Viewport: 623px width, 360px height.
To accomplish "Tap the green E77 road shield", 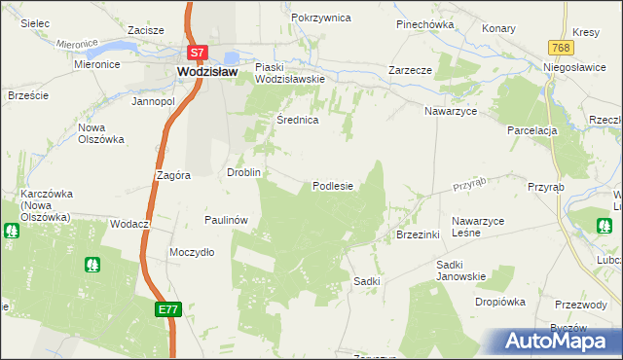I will point(167,308).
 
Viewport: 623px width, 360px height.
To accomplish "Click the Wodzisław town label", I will point(208,71).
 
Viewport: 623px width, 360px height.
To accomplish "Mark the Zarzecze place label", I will point(410,71).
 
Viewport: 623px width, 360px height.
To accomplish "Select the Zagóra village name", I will point(172,176).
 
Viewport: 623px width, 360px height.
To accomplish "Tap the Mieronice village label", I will point(96,64).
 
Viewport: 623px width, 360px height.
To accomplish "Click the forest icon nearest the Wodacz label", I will point(94,264).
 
